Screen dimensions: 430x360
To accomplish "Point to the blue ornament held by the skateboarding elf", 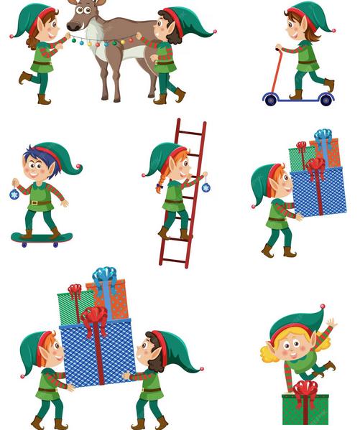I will click(14, 195).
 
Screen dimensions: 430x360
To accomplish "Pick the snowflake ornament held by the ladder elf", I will click(206, 187).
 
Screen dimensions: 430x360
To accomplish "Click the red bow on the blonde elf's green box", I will click(305, 391).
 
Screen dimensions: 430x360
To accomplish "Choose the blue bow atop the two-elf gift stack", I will click(104, 275).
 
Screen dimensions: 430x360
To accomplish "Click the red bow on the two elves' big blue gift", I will click(93, 317).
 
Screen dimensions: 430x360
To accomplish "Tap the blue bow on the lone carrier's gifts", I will click(323, 134).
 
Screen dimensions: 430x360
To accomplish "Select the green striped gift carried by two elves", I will click(73, 307).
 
